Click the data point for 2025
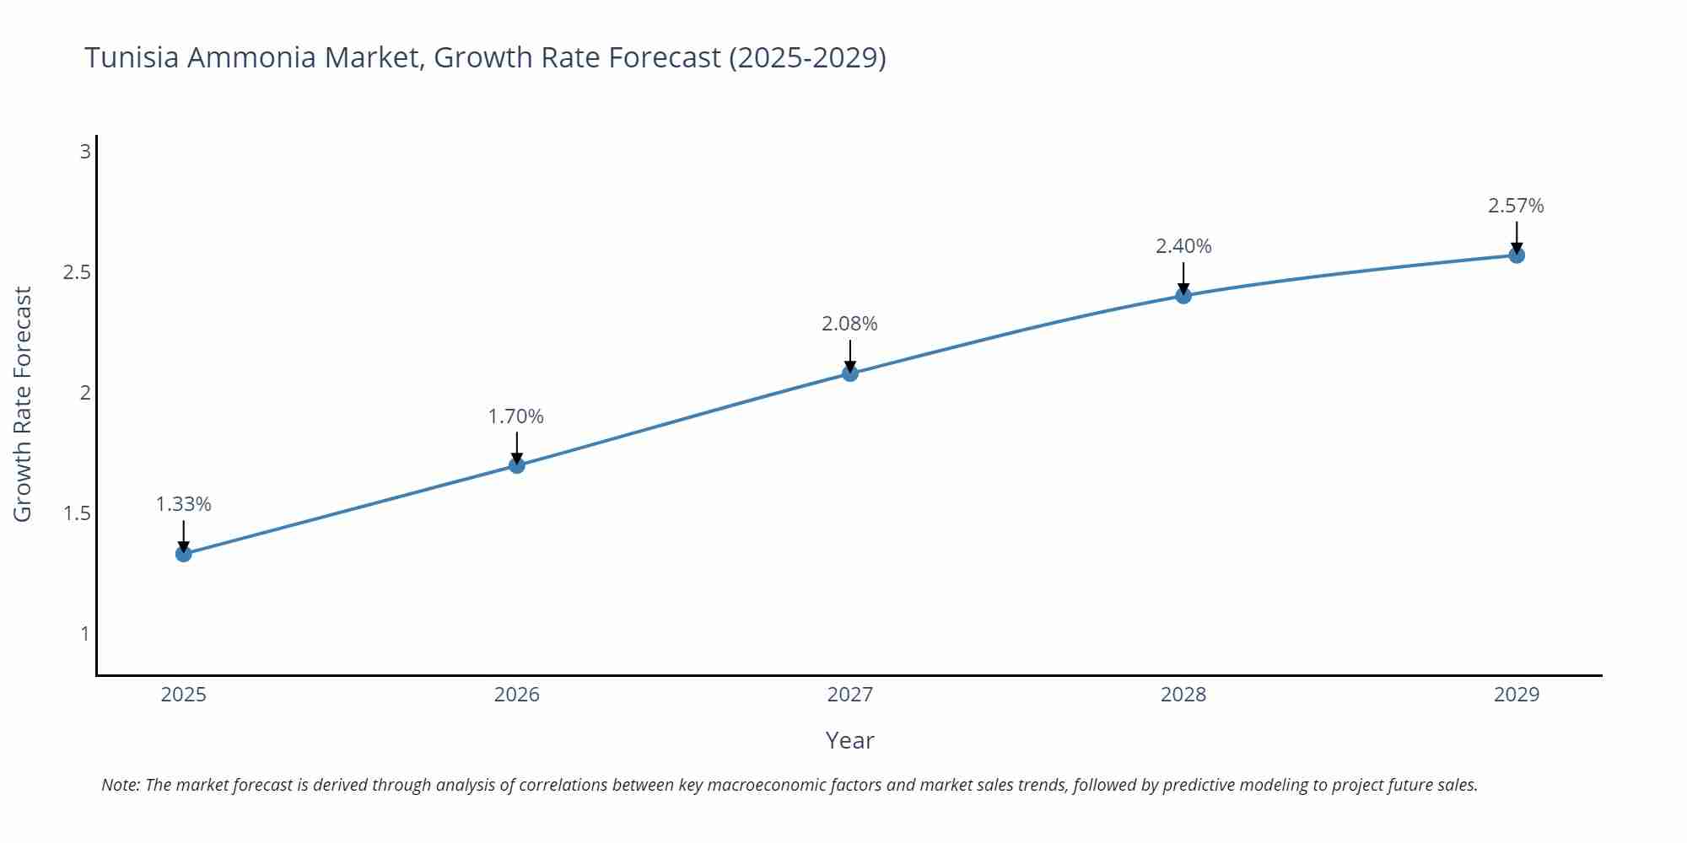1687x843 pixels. click(184, 554)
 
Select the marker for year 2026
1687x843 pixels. click(517, 465)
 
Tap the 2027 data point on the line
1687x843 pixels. click(850, 373)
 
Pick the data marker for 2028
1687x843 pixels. click(1183, 296)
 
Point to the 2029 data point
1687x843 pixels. click(1517, 255)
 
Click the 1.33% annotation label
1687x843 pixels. click(184, 504)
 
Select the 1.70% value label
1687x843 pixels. click(516, 416)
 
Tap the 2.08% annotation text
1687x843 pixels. click(850, 324)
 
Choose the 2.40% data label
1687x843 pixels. click(1183, 246)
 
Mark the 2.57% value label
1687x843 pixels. click(1516, 206)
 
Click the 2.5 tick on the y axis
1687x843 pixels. click(77, 272)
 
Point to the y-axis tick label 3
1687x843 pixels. click(85, 152)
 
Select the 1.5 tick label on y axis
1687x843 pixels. click(77, 513)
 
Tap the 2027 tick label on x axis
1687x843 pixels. click(850, 695)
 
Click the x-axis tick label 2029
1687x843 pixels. click(1517, 695)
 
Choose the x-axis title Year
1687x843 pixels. click(849, 740)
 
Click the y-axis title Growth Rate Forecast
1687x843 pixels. click(23, 405)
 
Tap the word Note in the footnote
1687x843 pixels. click(120, 785)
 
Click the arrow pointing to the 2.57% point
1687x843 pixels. click(1517, 236)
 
